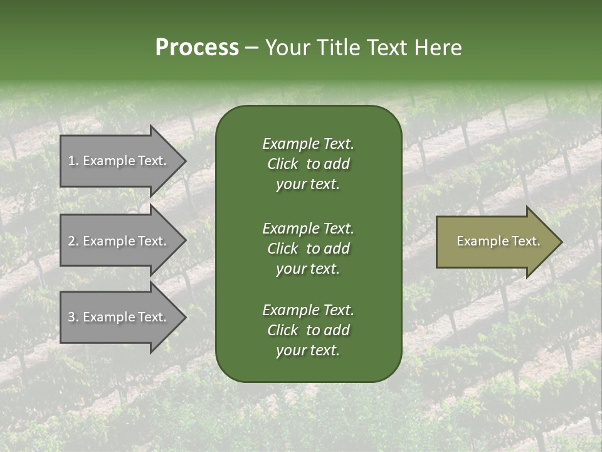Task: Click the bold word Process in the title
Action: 197,48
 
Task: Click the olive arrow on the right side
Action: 495,242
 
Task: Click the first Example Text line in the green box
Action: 308,144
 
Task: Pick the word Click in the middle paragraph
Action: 282,249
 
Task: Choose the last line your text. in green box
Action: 308,351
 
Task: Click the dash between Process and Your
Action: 252,48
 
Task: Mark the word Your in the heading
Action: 288,48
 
